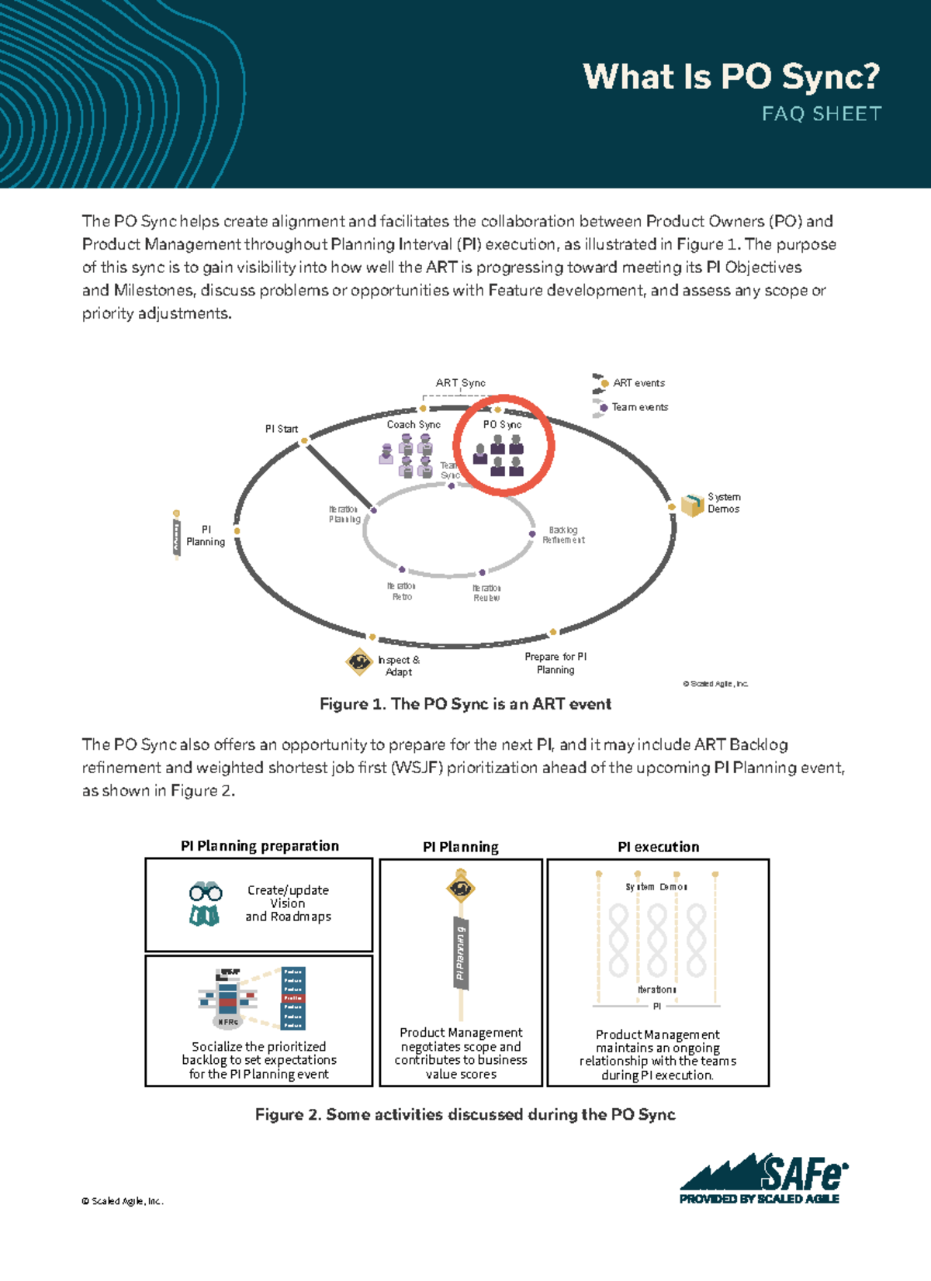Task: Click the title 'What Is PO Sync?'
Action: pyautogui.click(x=731, y=77)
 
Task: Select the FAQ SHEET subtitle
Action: pyautogui.click(x=822, y=114)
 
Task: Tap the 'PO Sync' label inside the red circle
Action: pyautogui.click(x=502, y=424)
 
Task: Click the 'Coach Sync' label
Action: pyautogui.click(x=414, y=424)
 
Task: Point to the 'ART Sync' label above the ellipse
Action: pyautogui.click(x=460, y=383)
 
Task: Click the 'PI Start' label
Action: pyautogui.click(x=281, y=429)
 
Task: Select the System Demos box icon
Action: pyautogui.click(x=691, y=504)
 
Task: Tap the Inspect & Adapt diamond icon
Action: pyautogui.click(x=358, y=661)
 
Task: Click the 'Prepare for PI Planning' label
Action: pyautogui.click(x=555, y=663)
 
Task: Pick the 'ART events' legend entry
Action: pyautogui.click(x=638, y=383)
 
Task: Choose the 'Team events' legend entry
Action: pyautogui.click(x=639, y=407)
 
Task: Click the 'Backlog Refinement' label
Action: pyautogui.click(x=563, y=535)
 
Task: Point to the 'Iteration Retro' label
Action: pyautogui.click(x=401, y=592)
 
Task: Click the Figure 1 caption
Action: pyautogui.click(x=465, y=704)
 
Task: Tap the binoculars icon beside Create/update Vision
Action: pyautogui.click(x=206, y=903)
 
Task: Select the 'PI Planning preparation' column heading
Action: pyautogui.click(x=259, y=846)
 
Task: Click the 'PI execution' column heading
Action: pyautogui.click(x=658, y=847)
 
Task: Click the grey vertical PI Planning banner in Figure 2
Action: pyautogui.click(x=461, y=952)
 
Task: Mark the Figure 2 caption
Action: pyautogui.click(x=465, y=1114)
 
